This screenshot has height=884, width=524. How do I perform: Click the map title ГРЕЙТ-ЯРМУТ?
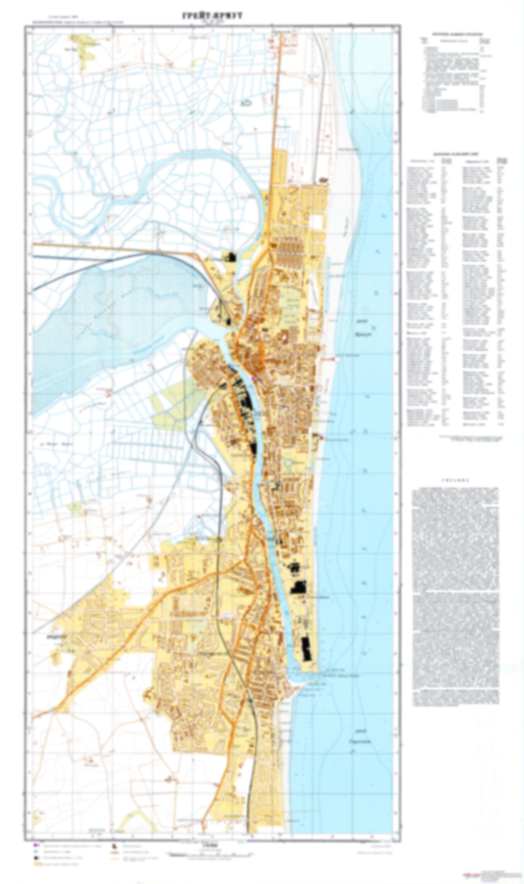coord(212,16)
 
